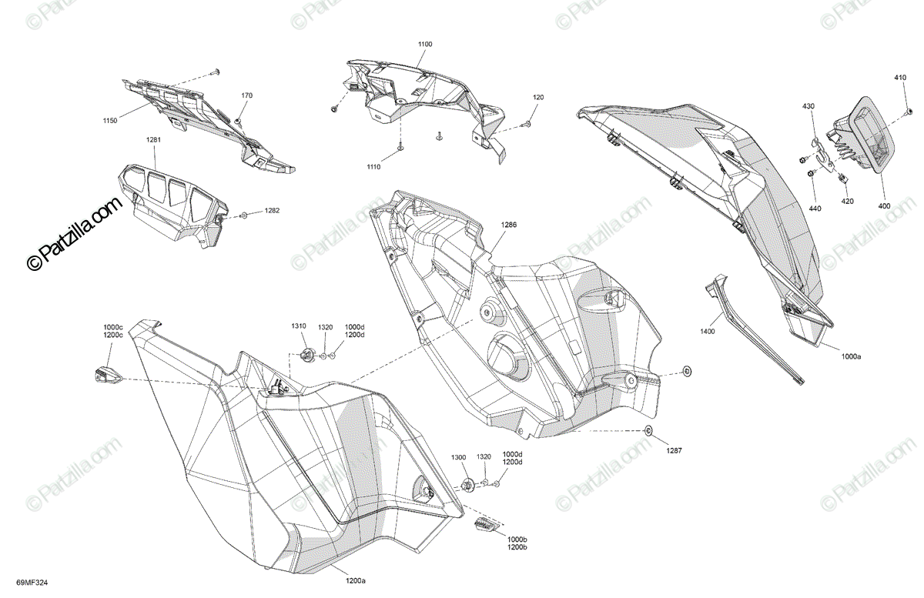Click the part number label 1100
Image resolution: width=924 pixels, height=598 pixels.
425,45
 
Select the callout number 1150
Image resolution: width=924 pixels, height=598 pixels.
110,121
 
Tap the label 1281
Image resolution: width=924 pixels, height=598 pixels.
154,139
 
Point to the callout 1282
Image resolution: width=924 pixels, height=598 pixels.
273,210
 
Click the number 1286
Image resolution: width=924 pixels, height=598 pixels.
508,225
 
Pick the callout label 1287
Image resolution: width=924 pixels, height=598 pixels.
674,451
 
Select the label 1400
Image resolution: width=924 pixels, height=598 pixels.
708,331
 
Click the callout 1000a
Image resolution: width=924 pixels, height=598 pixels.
851,356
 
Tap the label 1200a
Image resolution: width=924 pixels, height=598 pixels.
354,581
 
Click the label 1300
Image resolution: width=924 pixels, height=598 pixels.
459,458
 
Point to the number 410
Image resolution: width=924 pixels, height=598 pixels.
900,78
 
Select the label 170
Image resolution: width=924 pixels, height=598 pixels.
246,95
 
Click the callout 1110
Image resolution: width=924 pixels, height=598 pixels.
373,167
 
